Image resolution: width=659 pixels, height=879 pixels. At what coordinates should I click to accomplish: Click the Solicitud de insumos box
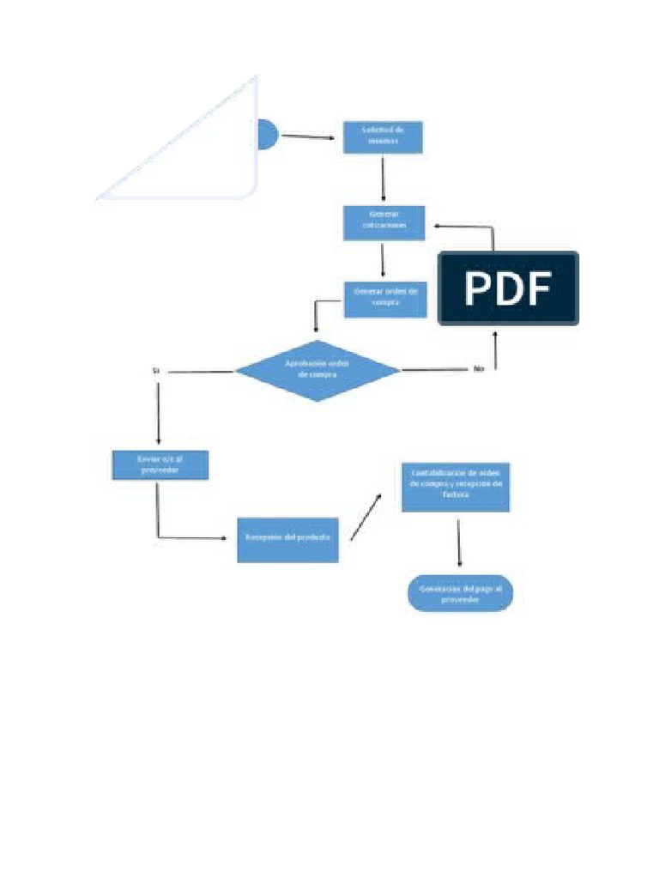click(383, 137)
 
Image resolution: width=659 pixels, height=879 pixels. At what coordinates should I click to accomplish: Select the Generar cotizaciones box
click(384, 223)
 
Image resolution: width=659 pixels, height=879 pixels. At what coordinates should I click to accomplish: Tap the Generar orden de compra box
click(385, 300)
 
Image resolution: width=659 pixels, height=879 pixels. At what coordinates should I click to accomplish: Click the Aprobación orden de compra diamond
click(317, 370)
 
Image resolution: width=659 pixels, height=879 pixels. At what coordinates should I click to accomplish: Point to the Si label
click(156, 371)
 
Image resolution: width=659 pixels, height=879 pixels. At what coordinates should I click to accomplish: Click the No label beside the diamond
click(478, 369)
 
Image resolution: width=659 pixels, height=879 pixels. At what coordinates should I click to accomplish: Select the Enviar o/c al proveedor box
click(160, 465)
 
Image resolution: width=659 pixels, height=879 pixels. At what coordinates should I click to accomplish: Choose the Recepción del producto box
click(287, 539)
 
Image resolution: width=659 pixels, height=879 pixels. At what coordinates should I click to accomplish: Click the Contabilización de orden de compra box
click(456, 488)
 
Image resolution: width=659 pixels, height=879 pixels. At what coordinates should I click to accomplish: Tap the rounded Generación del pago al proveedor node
click(460, 593)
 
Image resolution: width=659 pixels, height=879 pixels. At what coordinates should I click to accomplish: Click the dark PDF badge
click(508, 288)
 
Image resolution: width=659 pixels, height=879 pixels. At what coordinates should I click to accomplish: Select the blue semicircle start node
click(267, 135)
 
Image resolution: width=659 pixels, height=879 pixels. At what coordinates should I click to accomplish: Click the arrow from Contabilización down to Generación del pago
click(460, 543)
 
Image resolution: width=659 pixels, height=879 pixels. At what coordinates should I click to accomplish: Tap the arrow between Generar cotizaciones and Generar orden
click(384, 260)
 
